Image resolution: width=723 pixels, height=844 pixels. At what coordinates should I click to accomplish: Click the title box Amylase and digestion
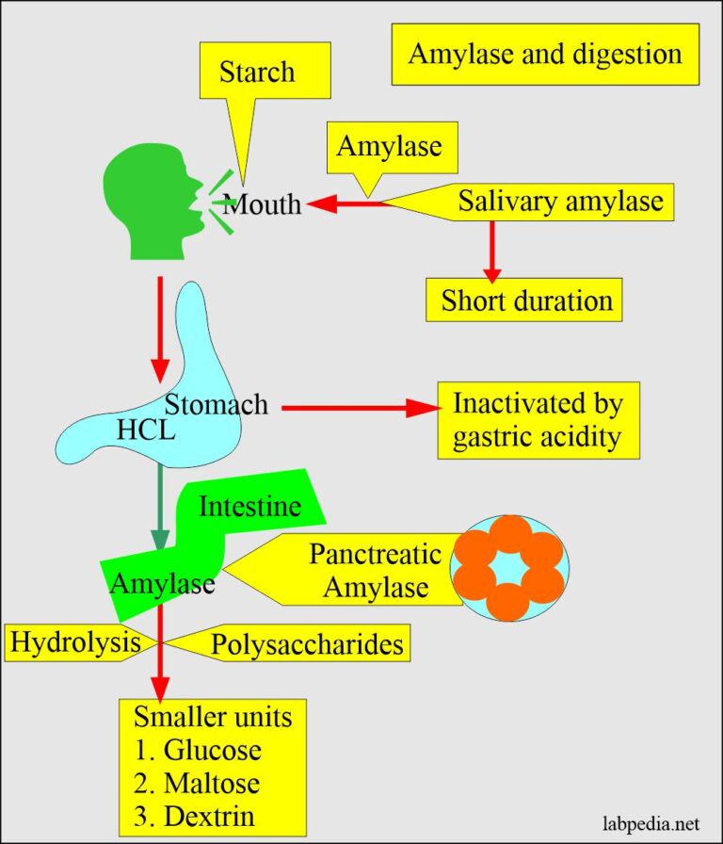pyautogui.click(x=545, y=54)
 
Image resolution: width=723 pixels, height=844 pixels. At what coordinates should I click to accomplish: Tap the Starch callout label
pyautogui.click(x=256, y=73)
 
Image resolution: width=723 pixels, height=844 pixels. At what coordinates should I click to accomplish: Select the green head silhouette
pyautogui.click(x=151, y=203)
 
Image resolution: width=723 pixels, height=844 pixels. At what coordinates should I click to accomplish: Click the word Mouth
pyautogui.click(x=263, y=203)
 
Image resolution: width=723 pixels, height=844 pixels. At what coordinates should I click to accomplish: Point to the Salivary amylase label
pyautogui.click(x=560, y=201)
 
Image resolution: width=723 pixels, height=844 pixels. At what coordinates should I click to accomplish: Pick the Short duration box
pyautogui.click(x=525, y=300)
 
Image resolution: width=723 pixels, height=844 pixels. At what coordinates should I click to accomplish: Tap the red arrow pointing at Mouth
pyautogui.click(x=348, y=202)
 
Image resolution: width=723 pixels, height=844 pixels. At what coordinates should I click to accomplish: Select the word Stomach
pyautogui.click(x=217, y=405)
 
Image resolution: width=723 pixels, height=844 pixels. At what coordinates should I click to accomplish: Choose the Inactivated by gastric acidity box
pyautogui.click(x=538, y=419)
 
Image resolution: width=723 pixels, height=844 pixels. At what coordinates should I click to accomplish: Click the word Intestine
pyautogui.click(x=250, y=507)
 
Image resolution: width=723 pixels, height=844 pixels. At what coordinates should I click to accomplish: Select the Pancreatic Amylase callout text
pyautogui.click(x=375, y=570)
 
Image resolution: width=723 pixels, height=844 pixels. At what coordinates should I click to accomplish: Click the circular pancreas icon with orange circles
pyautogui.click(x=509, y=568)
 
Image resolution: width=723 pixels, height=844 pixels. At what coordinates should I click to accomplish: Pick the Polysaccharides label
pyautogui.click(x=307, y=644)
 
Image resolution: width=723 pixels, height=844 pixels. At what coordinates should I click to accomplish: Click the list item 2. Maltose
pyautogui.click(x=197, y=783)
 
